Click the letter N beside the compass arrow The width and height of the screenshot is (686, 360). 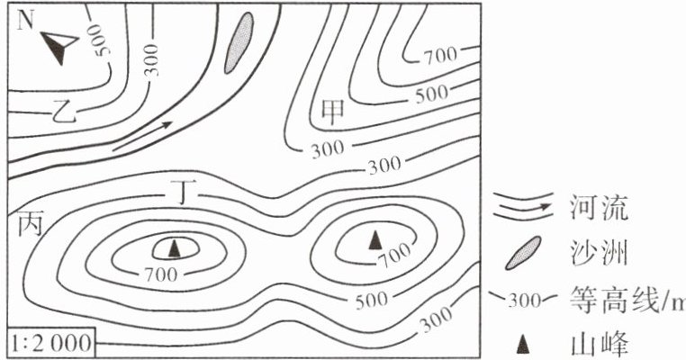pyautogui.click(x=25, y=20)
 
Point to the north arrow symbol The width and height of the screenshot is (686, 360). pyautogui.click(x=59, y=45)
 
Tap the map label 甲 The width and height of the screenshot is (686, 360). pyautogui.click(x=333, y=112)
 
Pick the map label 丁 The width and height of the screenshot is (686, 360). pyautogui.click(x=183, y=192)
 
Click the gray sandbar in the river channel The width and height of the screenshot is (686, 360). pyautogui.click(x=239, y=42)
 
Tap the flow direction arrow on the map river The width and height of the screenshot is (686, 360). pyautogui.click(x=142, y=136)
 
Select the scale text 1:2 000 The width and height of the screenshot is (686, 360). pyautogui.click(x=51, y=343)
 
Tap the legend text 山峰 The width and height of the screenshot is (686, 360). pyautogui.click(x=599, y=344)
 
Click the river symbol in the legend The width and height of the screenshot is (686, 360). pyautogui.click(x=522, y=205)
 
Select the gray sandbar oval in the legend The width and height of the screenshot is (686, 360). pyautogui.click(x=523, y=253)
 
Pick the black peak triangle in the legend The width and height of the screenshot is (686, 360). pyautogui.click(x=522, y=345)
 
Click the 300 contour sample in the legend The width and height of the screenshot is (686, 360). pyautogui.click(x=523, y=300)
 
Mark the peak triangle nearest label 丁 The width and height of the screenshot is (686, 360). pyautogui.click(x=175, y=248)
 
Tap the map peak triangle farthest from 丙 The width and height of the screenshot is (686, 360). pyautogui.click(x=375, y=239)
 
